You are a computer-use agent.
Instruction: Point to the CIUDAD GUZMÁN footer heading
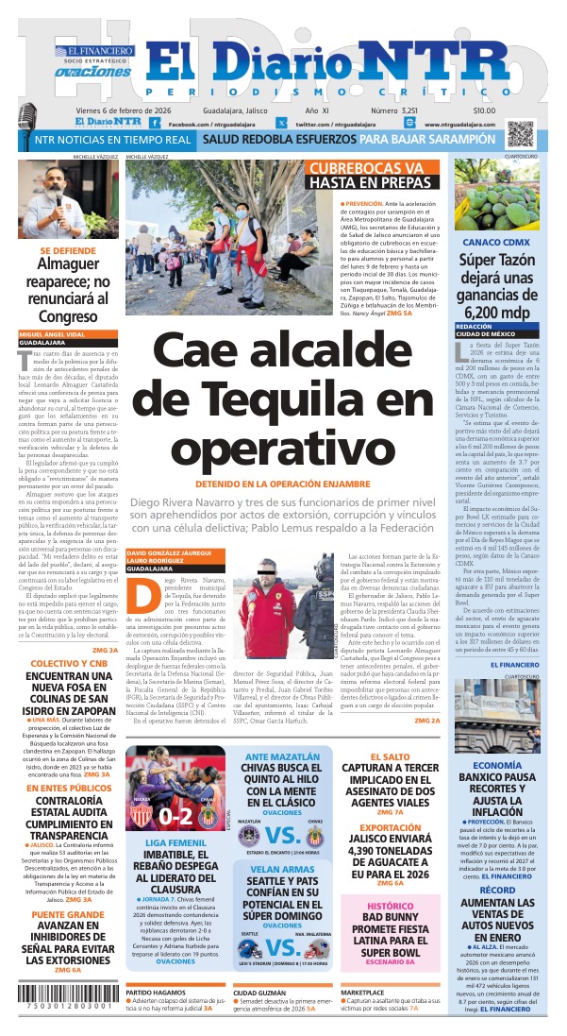(x=263, y=994)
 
